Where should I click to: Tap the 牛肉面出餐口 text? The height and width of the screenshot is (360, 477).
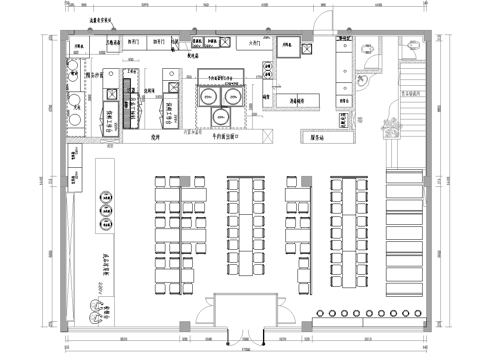click(x=226, y=137)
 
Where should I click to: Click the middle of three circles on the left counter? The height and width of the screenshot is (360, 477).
click(x=105, y=209)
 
